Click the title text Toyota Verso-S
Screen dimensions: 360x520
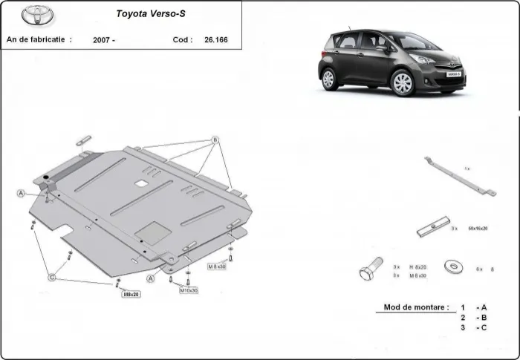pos(151,13)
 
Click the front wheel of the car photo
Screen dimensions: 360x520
pos(402,84)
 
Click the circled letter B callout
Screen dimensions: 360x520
pos(215,140)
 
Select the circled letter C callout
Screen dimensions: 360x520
pos(51,277)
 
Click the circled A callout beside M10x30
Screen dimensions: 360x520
pos(152,278)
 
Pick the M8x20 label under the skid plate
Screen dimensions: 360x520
pos(131,295)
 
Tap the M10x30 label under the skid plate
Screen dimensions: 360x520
pos(189,290)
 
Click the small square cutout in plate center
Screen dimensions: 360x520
pos(139,182)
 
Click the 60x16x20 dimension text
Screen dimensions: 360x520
pos(478,229)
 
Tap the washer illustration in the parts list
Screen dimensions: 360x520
pos(451,265)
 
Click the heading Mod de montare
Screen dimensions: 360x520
pos(416,307)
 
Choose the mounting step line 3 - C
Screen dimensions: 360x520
pos(474,327)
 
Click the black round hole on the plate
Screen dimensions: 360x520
pos(47,177)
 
